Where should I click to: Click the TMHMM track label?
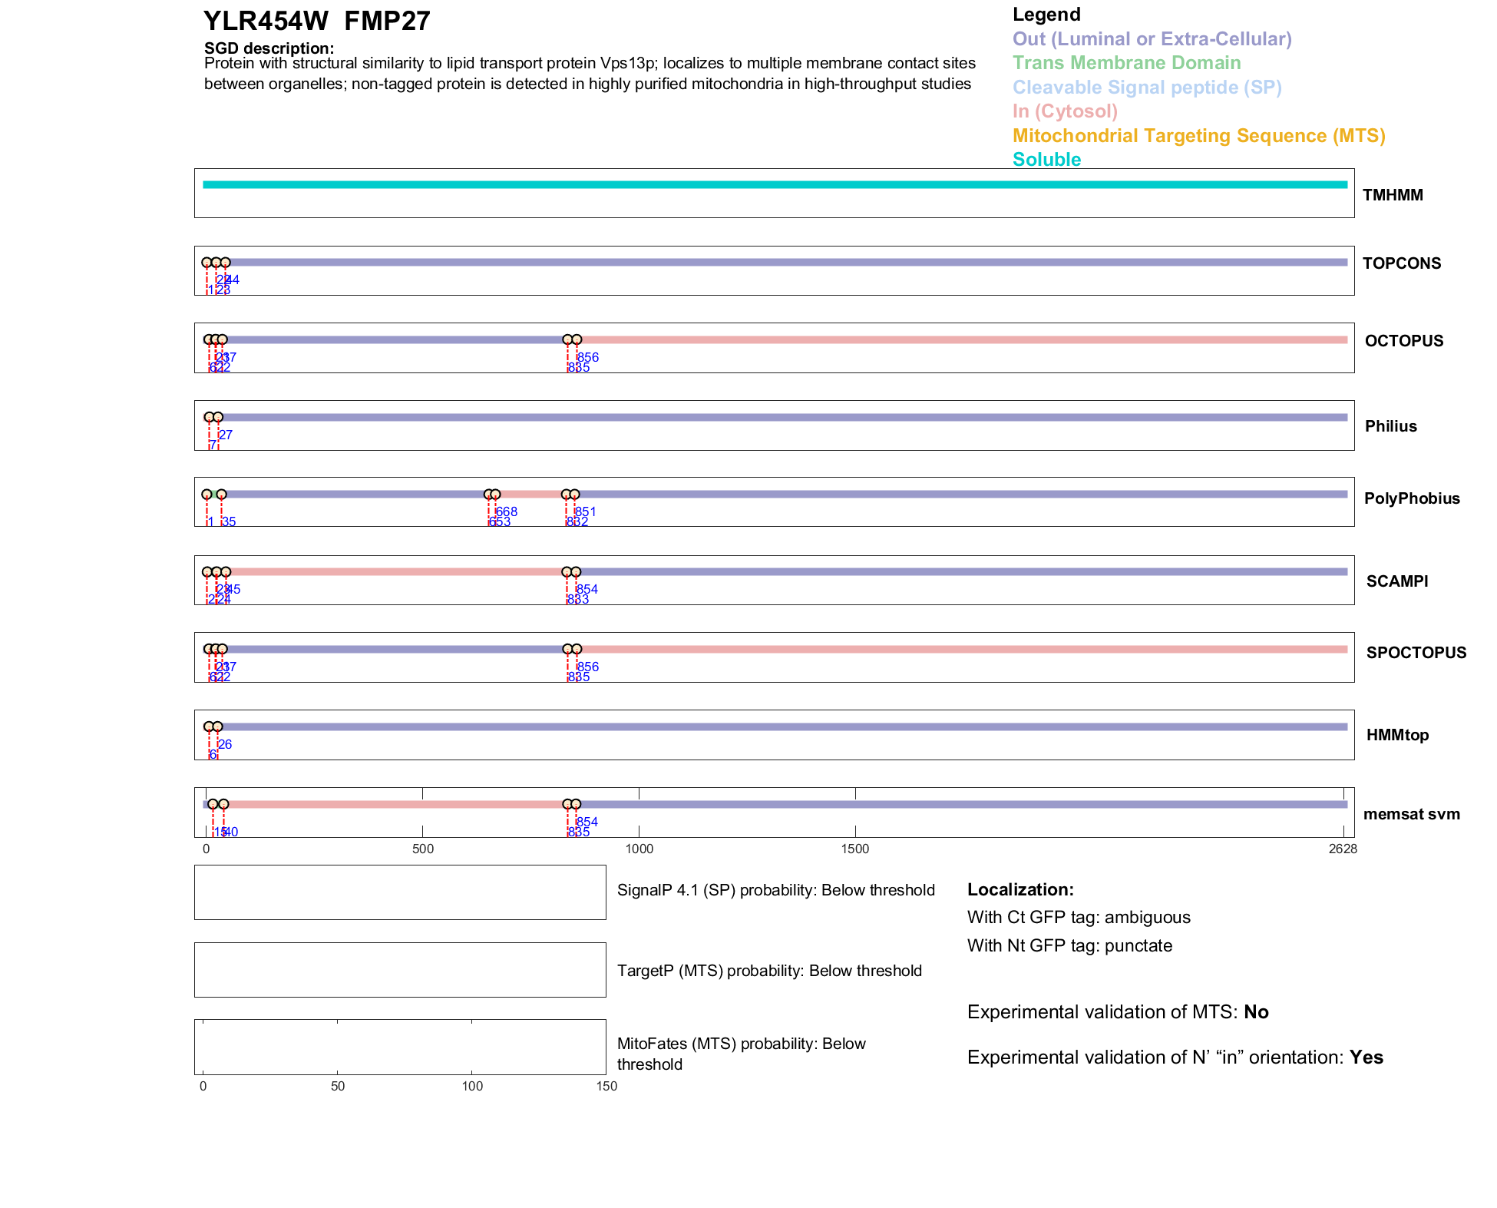pyautogui.click(x=1392, y=195)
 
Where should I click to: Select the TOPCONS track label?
pyautogui.click(x=1401, y=263)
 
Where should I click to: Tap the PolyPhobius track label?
pyautogui.click(x=1411, y=498)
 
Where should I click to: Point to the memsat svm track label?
pyautogui.click(x=1411, y=814)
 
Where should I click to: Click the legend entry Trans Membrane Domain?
pyautogui.click(x=1126, y=63)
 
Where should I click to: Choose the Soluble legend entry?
pyautogui.click(x=1046, y=160)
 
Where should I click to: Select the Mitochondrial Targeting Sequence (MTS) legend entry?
pyautogui.click(x=1198, y=136)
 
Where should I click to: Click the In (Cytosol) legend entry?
pyautogui.click(x=1065, y=111)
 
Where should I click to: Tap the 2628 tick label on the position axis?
pyautogui.click(x=1343, y=849)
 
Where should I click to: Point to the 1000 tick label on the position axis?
pyautogui.click(x=639, y=849)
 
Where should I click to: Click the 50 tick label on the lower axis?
pyautogui.click(x=338, y=1086)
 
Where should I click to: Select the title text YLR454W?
pyautogui.click(x=266, y=21)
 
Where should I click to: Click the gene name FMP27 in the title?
pyautogui.click(x=387, y=21)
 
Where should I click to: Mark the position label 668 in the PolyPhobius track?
pyautogui.click(x=507, y=511)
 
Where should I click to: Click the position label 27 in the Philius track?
pyautogui.click(x=226, y=435)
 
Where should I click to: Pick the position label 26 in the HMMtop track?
pyautogui.click(x=225, y=744)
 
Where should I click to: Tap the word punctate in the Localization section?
pyautogui.click(x=1138, y=945)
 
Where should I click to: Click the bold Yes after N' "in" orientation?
pyautogui.click(x=1366, y=1057)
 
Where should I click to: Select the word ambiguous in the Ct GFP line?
pyautogui.click(x=1147, y=917)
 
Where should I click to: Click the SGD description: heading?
pyautogui.click(x=269, y=48)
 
